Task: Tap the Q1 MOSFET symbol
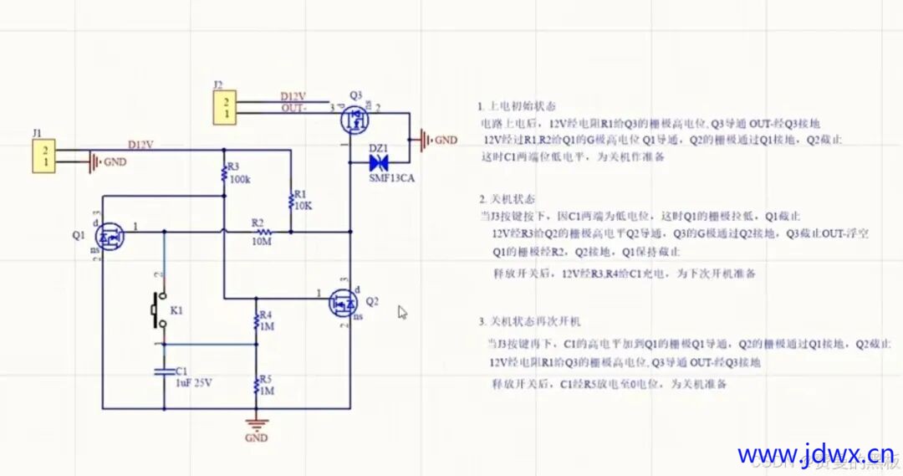[x=111, y=238]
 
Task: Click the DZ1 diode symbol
[x=380, y=161]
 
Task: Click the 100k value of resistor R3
[x=239, y=180]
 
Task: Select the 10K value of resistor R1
[x=304, y=205]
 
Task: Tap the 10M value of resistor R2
[x=261, y=242]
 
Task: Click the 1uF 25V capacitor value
[x=194, y=382]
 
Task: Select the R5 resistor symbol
[x=257, y=387]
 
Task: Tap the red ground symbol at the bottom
[x=257, y=424]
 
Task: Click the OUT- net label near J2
[x=293, y=108]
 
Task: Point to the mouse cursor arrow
[x=402, y=312]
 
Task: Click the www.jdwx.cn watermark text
[x=814, y=453]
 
